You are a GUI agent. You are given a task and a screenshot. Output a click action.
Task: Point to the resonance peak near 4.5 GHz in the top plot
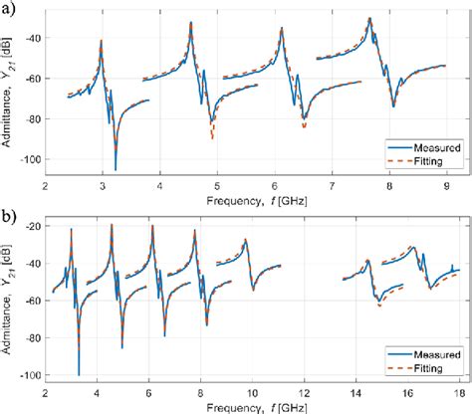(x=189, y=24)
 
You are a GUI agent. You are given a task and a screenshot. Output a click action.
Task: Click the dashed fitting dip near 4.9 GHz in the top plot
(x=212, y=137)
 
